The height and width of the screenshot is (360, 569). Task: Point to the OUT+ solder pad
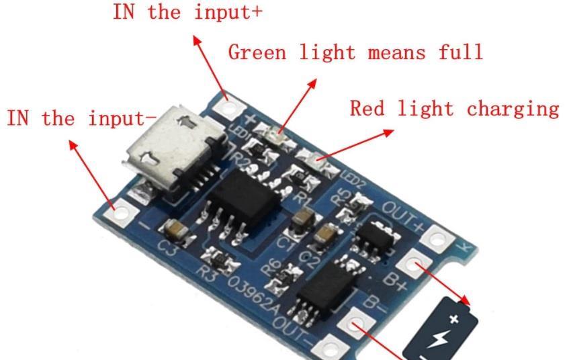click(437, 237)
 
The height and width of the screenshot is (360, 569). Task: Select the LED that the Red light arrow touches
click(312, 159)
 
